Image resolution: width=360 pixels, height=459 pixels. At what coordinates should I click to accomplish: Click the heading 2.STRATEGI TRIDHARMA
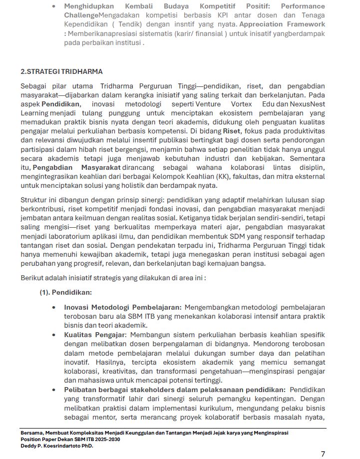point(61,72)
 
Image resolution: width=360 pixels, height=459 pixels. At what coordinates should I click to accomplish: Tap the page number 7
point(323,454)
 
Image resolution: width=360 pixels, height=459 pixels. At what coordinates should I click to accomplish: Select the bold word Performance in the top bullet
point(303,6)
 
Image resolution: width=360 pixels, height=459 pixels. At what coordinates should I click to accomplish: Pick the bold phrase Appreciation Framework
point(282,24)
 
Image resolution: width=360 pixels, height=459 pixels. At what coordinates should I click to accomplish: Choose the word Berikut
point(32,278)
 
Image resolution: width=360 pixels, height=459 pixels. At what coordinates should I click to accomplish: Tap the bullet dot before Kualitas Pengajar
point(53,335)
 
